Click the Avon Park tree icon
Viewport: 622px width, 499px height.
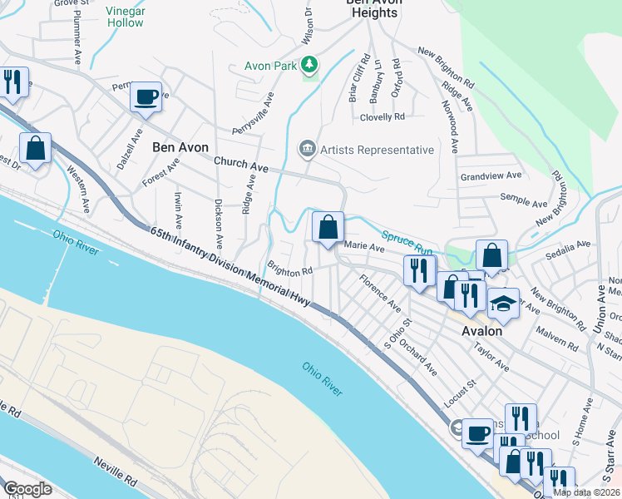pyautogui.click(x=309, y=64)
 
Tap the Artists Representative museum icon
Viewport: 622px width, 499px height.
pyautogui.click(x=307, y=150)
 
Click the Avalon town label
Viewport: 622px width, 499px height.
pyautogui.click(x=482, y=330)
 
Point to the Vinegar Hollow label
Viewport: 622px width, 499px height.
pyautogui.click(x=125, y=17)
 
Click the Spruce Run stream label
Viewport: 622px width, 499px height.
pyautogui.click(x=407, y=243)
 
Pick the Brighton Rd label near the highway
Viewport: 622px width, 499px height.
pyautogui.click(x=289, y=269)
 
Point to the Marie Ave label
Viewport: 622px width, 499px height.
pyautogui.click(x=364, y=247)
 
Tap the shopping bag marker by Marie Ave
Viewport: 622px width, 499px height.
pyautogui.click(x=328, y=226)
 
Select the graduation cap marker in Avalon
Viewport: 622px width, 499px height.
pyautogui.click(x=502, y=304)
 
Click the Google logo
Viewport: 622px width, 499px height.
pyautogui.click(x=27, y=489)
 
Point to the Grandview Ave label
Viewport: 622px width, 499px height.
pyautogui.click(x=491, y=176)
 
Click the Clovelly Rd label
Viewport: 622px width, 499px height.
pyautogui.click(x=382, y=117)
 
